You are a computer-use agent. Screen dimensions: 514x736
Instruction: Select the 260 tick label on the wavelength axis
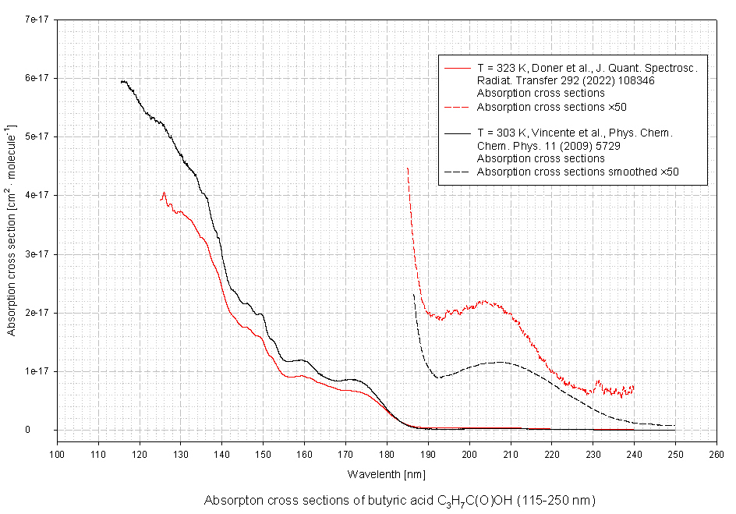point(716,452)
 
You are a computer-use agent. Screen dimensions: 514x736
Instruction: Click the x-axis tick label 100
point(57,452)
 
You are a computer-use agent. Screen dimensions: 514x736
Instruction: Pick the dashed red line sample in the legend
point(457,106)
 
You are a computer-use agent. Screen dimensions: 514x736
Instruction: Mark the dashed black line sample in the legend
point(457,172)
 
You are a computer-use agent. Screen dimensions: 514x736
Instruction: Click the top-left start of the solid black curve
point(122,81)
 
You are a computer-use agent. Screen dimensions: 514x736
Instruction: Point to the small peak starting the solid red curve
point(164,192)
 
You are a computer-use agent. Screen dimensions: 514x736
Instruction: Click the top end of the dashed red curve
point(407,168)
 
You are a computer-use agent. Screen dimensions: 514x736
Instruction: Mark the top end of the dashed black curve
point(413,294)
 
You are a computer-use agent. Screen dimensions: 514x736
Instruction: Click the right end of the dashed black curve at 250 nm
point(674,425)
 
